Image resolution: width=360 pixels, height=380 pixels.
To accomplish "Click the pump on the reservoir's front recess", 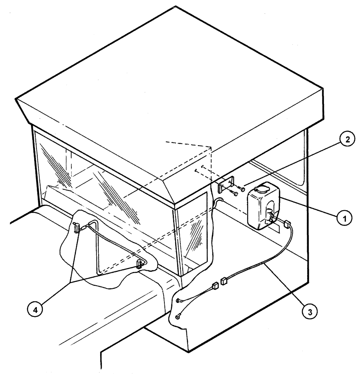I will point(272,217).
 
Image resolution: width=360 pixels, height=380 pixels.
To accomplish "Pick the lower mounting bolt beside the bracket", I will point(235,194).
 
